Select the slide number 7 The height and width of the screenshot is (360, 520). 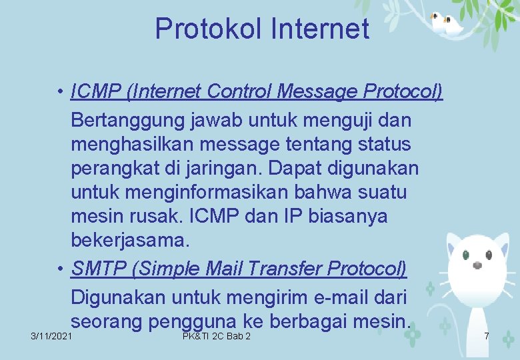[x=487, y=336]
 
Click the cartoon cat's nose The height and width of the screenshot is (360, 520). [x=477, y=265]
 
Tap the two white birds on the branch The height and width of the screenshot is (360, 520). [x=446, y=24]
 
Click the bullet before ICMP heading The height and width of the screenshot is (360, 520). [x=61, y=91]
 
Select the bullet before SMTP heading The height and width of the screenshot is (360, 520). [x=61, y=269]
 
